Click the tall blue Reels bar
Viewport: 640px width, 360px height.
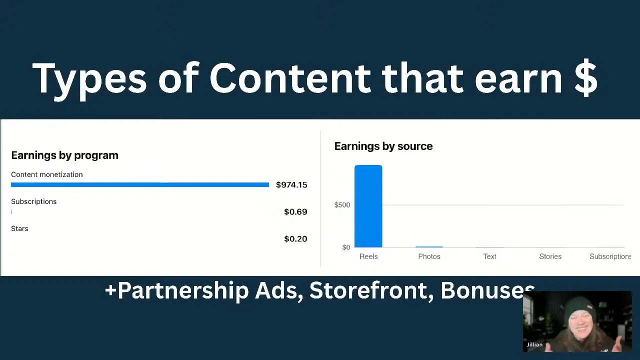tap(368, 206)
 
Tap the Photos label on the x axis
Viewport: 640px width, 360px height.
tap(429, 256)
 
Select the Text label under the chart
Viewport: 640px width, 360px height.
tap(489, 256)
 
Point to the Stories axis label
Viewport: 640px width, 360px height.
tap(550, 256)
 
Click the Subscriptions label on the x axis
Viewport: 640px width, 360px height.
tap(610, 256)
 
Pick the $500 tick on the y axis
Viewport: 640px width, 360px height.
tap(342, 205)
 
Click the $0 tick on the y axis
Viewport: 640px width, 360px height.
tap(346, 247)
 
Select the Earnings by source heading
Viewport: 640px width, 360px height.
tap(383, 146)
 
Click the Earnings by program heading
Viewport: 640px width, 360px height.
tap(64, 155)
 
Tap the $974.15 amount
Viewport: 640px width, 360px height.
tap(291, 185)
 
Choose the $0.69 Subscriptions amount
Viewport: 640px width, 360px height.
tap(295, 212)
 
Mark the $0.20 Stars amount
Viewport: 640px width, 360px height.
tap(295, 239)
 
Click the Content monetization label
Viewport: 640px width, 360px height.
tap(47, 174)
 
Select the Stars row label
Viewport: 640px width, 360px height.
tap(19, 228)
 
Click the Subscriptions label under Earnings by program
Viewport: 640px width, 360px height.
tap(33, 201)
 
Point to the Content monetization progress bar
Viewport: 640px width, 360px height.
tap(140, 185)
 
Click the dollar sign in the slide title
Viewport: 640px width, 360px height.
tap(586, 78)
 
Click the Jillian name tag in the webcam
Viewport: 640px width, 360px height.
tap(534, 344)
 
